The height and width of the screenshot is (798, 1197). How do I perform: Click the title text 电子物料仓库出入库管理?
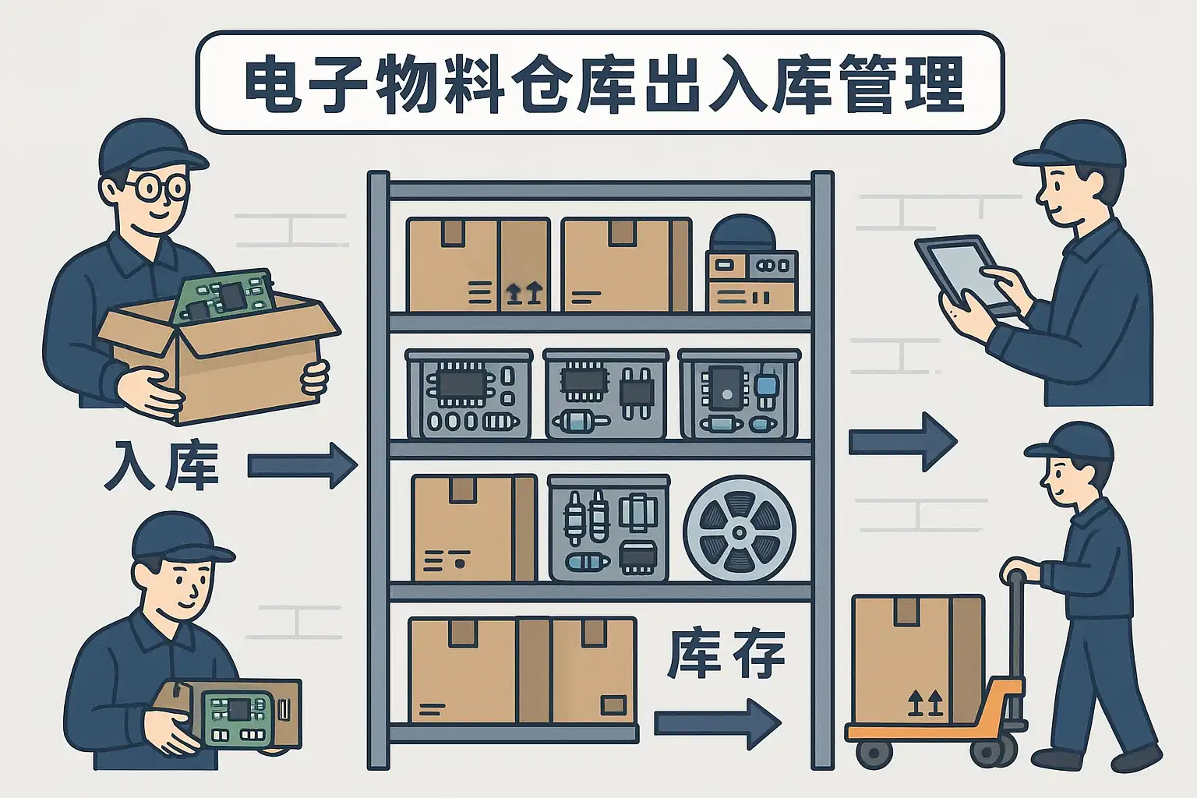[600, 83]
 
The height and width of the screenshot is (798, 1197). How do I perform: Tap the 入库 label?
[161, 466]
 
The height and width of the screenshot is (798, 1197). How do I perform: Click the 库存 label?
[726, 654]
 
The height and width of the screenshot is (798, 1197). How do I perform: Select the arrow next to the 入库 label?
[302, 466]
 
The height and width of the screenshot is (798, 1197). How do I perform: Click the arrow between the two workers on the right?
[902, 442]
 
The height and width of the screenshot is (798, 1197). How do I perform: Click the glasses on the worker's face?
[156, 187]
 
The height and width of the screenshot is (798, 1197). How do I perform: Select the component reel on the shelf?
[740, 529]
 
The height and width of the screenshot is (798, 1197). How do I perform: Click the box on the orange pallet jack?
[917, 659]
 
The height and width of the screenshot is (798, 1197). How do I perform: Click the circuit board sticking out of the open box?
[222, 296]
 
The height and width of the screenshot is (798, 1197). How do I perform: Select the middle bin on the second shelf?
[606, 394]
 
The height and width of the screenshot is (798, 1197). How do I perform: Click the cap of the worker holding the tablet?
[1075, 146]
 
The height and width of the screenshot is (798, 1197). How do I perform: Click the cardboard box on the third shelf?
[473, 528]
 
